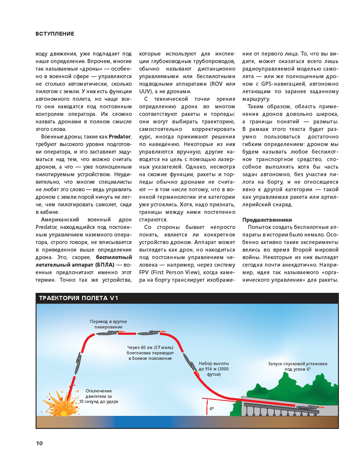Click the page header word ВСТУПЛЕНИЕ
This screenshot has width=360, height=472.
coord(55,34)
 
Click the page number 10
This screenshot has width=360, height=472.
coord(39,443)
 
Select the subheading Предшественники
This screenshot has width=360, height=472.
coord(267,220)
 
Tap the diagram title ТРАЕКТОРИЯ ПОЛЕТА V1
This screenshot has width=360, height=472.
coord(78,298)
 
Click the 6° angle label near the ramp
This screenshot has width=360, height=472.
coord(212,409)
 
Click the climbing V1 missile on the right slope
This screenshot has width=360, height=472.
coord(189,361)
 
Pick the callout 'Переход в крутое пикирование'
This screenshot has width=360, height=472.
coord(108,324)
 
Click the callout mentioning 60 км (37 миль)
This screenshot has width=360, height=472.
coord(150,353)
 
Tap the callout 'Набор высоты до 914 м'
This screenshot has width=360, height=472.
coord(213,369)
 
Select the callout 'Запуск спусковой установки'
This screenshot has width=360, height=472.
coord(297,366)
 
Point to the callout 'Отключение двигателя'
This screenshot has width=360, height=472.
coord(99,396)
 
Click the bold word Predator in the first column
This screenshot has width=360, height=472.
coord(120,137)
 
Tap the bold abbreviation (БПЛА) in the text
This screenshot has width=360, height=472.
coord(104,265)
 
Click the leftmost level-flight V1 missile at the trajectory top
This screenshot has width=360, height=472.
coord(107,333)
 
